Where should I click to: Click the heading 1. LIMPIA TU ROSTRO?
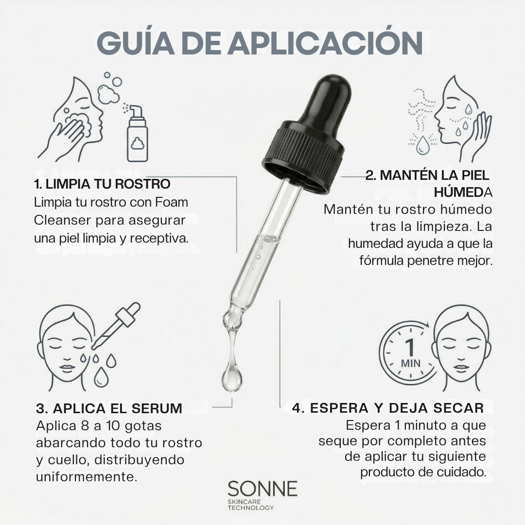click(102, 184)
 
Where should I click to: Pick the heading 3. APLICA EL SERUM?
click(109, 408)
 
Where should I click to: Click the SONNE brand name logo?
click(262, 489)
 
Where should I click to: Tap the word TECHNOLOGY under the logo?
click(250, 507)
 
